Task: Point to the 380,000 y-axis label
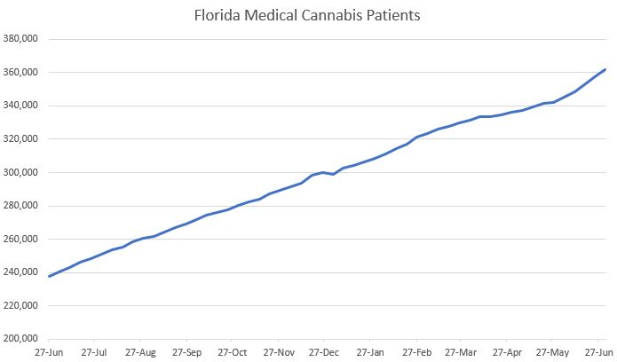click(21, 39)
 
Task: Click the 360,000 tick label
click(21, 73)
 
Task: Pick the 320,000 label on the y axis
click(21, 139)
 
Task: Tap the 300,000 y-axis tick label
click(21, 173)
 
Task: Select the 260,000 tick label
click(21, 240)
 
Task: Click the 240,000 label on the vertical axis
click(21, 273)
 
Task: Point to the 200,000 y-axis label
click(21, 340)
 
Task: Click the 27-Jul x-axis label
click(95, 352)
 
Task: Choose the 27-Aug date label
click(141, 352)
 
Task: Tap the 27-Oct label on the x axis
click(232, 352)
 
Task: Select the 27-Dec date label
click(323, 352)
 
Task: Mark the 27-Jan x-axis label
click(370, 352)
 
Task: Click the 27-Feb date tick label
click(415, 352)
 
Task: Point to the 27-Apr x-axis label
click(506, 352)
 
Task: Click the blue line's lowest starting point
click(50, 276)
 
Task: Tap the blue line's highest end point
click(605, 69)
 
